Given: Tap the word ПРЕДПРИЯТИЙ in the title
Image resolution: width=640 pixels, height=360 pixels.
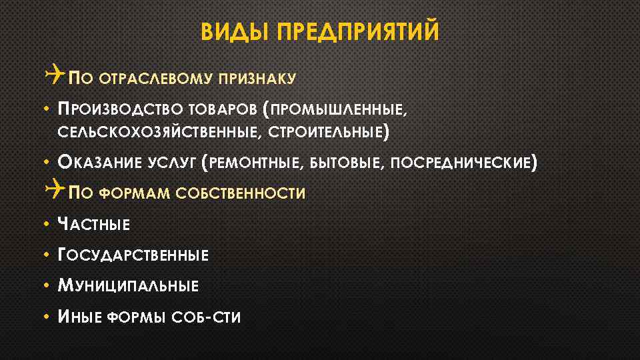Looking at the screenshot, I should click(358, 32).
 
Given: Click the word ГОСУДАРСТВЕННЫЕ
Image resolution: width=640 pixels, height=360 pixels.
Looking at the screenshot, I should click(134, 255).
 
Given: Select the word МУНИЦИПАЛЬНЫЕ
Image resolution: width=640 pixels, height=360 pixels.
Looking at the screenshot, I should click(129, 287).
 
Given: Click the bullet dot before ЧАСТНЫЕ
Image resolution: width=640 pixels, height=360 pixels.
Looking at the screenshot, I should click(49, 225).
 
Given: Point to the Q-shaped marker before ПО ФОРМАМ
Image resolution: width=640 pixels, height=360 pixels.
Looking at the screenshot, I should click(55, 192).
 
